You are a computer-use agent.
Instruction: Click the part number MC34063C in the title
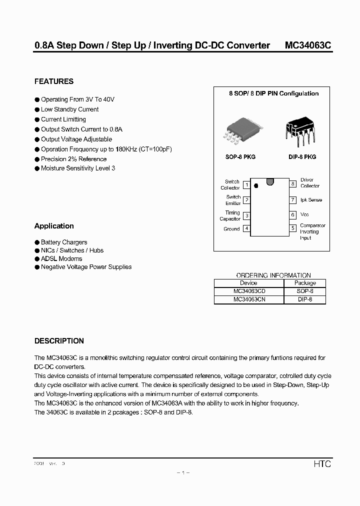[307, 45]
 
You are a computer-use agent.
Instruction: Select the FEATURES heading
[54, 81]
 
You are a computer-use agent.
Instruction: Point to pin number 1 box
[246, 185]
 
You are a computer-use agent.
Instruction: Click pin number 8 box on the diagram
[293, 183]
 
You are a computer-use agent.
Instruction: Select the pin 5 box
[293, 228]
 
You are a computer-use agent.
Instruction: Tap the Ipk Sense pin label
[311, 200]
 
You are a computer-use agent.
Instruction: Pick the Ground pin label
[231, 229]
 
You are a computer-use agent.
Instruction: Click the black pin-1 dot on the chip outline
[256, 185]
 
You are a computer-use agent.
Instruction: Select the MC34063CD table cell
[248, 291]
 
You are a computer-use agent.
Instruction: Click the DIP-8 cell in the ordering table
[304, 299]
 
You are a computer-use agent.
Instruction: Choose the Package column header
[304, 283]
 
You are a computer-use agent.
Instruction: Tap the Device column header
[248, 283]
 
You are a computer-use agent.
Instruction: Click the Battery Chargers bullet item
[63, 242]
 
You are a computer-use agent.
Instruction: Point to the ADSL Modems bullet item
[61, 259]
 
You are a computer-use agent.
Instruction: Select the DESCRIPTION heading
[59, 341]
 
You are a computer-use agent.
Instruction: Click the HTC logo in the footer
[322, 464]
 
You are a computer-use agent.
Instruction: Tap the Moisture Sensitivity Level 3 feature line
[77, 168]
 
